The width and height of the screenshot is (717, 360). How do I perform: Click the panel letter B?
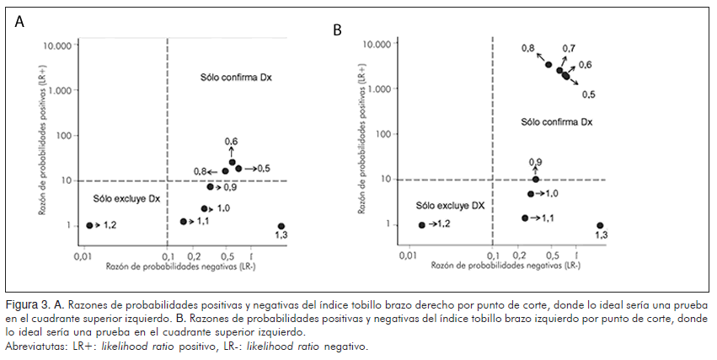click(x=337, y=29)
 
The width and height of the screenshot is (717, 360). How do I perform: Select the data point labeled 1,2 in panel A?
click(x=89, y=225)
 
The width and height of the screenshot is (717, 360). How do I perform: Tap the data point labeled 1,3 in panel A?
click(x=281, y=226)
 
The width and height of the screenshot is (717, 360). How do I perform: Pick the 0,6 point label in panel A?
click(x=231, y=141)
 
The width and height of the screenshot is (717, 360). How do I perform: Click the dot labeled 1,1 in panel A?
click(x=184, y=221)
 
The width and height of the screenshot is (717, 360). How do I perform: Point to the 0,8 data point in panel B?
click(x=548, y=64)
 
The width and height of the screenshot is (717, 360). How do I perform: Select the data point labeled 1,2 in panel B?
click(x=421, y=224)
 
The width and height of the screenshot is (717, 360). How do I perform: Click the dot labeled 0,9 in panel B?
click(x=536, y=179)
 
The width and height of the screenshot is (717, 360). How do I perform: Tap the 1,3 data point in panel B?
click(x=600, y=225)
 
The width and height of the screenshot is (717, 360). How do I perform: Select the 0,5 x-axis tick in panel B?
click(x=551, y=255)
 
